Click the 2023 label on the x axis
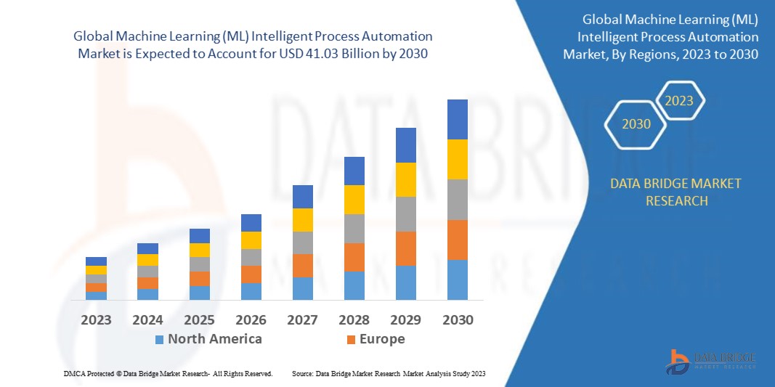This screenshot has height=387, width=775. [96, 319]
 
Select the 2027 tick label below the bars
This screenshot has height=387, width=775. [302, 319]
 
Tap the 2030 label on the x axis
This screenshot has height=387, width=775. [457, 319]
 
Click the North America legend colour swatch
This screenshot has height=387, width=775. [158, 339]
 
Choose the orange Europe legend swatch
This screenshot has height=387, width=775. [351, 339]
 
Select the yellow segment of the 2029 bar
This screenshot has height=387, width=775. [405, 179]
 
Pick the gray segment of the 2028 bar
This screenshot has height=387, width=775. [354, 228]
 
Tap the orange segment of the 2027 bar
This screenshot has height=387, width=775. [302, 265]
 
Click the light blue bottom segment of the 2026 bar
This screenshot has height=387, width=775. [251, 291]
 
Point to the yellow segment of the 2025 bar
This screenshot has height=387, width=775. [199, 250]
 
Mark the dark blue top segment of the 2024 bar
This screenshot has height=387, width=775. [147, 248]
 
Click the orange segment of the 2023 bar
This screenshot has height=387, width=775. [96, 287]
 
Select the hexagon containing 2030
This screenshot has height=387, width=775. [636, 124]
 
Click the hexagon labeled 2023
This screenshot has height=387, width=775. [680, 101]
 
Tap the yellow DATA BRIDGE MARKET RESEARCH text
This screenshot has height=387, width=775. [676, 192]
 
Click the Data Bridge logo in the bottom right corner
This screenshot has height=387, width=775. [711, 361]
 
